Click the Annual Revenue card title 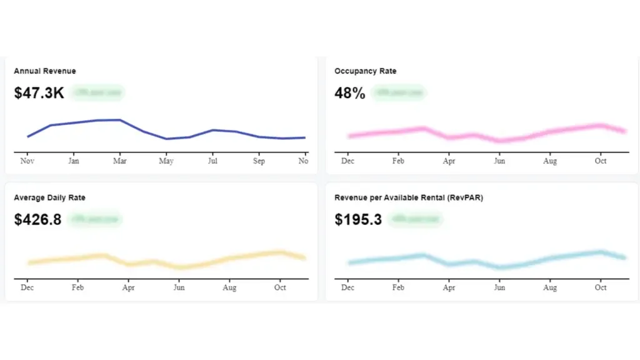pyautogui.click(x=45, y=71)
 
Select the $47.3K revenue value pyautogui.click(x=39, y=93)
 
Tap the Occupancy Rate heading pyautogui.click(x=365, y=71)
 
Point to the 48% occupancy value pyautogui.click(x=349, y=93)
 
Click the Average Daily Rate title pyautogui.click(x=49, y=197)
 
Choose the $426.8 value pyautogui.click(x=37, y=219)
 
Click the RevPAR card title pyautogui.click(x=409, y=197)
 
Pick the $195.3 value pyautogui.click(x=358, y=219)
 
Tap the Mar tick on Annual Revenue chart pyautogui.click(x=119, y=161)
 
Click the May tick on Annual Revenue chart pyautogui.click(x=166, y=161)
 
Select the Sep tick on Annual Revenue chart pyautogui.click(x=259, y=161)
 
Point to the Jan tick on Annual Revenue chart pyautogui.click(x=73, y=161)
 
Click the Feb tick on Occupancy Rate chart pyautogui.click(x=398, y=161)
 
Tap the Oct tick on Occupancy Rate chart pyautogui.click(x=601, y=161)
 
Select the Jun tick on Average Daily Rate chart pyautogui.click(x=179, y=287)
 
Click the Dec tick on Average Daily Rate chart pyautogui.click(x=27, y=287)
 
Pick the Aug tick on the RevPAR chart pyautogui.click(x=550, y=287)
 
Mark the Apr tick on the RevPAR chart pyautogui.click(x=449, y=287)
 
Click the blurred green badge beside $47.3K pyautogui.click(x=97, y=92)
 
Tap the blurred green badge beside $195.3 pyautogui.click(x=415, y=219)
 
